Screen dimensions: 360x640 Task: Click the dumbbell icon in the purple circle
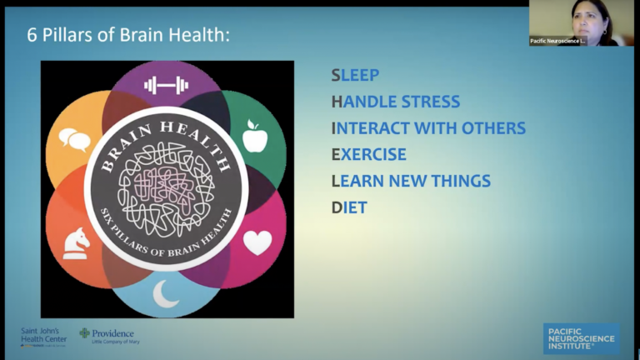pyautogui.click(x=166, y=84)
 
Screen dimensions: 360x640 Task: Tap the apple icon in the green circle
pyautogui.click(x=255, y=135)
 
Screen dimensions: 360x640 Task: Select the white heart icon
pyautogui.click(x=257, y=242)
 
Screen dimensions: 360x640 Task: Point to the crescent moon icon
pyautogui.click(x=166, y=293)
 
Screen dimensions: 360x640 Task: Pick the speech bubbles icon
pyautogui.click(x=74, y=139)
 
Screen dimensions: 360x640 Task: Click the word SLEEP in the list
pyautogui.click(x=355, y=75)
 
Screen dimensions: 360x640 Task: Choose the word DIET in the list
pyautogui.click(x=349, y=207)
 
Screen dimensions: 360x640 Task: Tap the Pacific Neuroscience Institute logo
pyautogui.click(x=581, y=337)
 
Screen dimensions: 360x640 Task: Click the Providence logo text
pyautogui.click(x=112, y=333)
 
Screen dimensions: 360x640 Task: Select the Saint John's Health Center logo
pyautogui.click(x=43, y=335)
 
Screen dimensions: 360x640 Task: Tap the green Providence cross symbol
pyautogui.click(x=84, y=333)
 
